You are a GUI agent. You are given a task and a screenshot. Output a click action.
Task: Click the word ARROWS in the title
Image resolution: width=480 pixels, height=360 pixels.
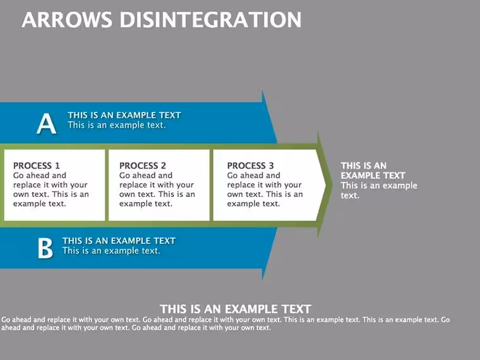click(x=67, y=20)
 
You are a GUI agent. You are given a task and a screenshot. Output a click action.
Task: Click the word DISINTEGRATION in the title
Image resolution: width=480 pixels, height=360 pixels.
click(x=210, y=20)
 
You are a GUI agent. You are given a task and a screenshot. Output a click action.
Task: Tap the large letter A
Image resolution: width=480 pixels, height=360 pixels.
click(x=47, y=123)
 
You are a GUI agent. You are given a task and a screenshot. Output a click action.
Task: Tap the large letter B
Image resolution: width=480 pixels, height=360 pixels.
click(x=45, y=248)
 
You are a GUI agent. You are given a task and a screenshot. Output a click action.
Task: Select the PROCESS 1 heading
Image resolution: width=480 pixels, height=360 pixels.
click(x=37, y=165)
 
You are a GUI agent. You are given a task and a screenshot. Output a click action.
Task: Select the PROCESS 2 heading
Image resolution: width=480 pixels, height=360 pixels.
click(x=143, y=165)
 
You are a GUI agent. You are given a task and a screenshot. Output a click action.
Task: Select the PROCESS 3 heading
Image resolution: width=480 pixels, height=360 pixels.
click(x=250, y=165)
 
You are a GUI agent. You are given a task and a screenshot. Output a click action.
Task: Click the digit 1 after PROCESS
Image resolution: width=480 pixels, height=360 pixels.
click(x=57, y=165)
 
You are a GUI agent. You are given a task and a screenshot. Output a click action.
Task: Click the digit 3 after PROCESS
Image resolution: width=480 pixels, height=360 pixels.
click(x=271, y=165)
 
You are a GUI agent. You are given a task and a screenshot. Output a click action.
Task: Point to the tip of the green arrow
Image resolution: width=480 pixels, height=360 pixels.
click(x=332, y=184)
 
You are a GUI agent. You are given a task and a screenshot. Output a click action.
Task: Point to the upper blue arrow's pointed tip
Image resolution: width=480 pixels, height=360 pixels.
click(x=277, y=142)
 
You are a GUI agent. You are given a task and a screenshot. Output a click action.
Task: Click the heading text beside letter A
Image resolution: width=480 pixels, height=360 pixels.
click(x=124, y=115)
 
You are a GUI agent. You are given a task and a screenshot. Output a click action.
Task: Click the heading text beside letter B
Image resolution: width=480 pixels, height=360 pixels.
click(x=119, y=241)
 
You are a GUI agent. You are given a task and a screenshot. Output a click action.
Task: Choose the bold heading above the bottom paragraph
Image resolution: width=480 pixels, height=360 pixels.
click(x=236, y=309)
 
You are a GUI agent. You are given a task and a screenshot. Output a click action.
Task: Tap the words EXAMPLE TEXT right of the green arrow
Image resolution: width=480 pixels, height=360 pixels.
click(x=373, y=176)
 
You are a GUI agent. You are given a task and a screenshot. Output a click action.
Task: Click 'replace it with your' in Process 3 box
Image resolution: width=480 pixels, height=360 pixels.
click(x=265, y=185)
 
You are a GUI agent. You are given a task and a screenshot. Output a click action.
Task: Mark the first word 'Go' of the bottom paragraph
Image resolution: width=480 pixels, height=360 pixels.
click(x=6, y=320)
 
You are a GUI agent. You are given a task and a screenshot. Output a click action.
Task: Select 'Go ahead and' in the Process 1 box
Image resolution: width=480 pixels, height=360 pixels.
click(x=40, y=176)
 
